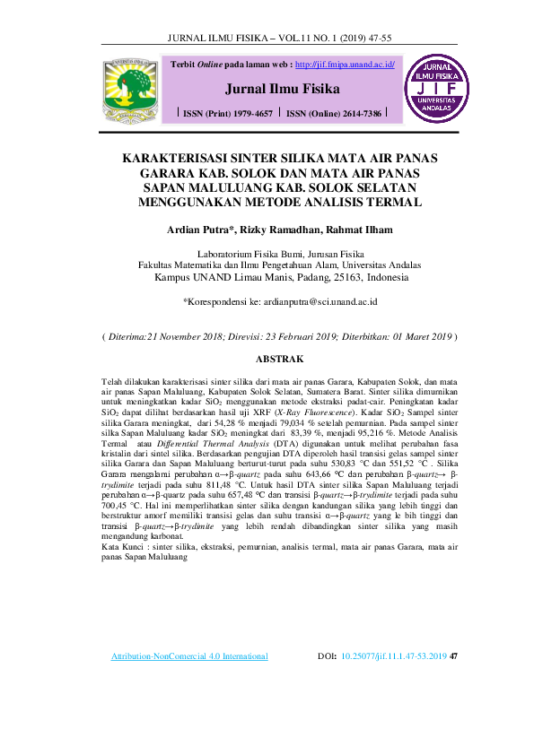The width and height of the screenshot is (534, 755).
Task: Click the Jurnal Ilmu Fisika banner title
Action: coord(282,90)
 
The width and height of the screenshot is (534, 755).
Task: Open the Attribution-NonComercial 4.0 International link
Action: coord(188,657)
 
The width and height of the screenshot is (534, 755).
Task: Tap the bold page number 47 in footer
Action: coord(453,657)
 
